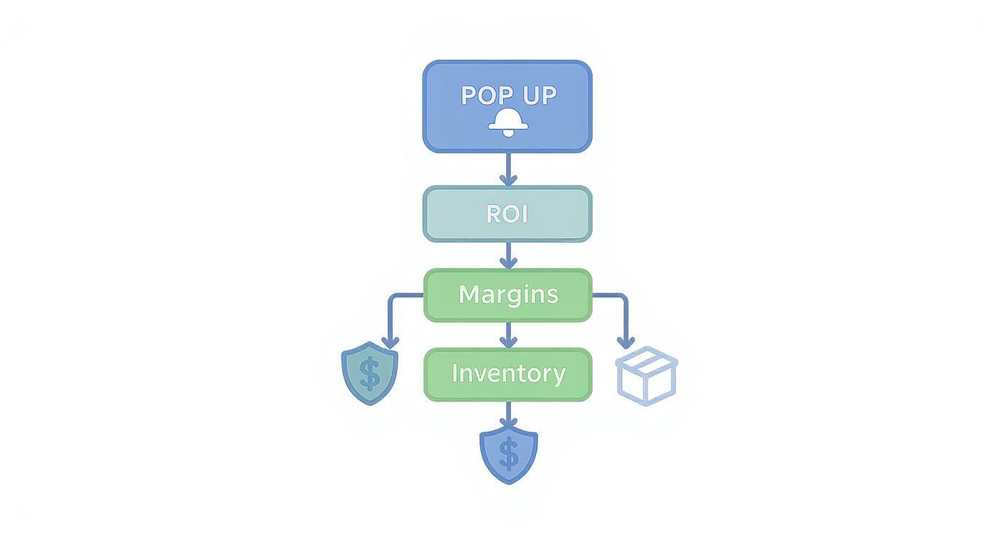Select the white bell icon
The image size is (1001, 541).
click(x=508, y=123)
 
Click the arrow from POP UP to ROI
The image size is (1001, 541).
click(x=508, y=170)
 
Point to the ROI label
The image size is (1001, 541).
click(x=508, y=214)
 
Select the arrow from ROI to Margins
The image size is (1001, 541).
click(x=508, y=255)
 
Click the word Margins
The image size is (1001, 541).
click(x=508, y=294)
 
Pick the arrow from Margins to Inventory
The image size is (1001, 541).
click(x=508, y=335)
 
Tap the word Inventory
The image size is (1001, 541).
click(x=508, y=373)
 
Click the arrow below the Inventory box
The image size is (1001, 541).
click(x=508, y=415)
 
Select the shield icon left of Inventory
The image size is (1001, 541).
click(x=370, y=373)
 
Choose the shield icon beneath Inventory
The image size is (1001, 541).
click(x=508, y=455)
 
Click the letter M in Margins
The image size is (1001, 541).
click(x=469, y=294)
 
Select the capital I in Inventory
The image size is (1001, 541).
click(x=455, y=373)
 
